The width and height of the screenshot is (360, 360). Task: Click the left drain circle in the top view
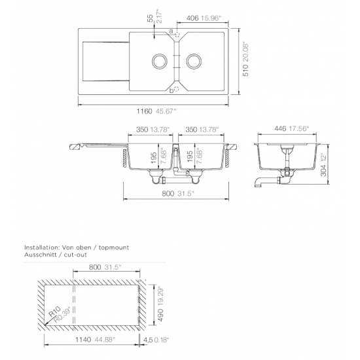159,61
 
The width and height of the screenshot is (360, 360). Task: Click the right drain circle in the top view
194,61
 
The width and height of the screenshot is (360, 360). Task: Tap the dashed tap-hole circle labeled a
177,35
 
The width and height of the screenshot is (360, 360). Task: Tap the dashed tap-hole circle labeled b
176,89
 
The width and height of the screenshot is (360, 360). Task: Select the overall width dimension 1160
145,111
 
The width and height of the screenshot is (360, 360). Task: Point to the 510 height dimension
245,70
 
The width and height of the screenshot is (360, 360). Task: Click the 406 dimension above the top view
192,18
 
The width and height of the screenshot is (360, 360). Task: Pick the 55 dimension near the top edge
150,18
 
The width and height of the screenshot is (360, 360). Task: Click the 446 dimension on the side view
280,128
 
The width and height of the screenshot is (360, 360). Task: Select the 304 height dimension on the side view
323,170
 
